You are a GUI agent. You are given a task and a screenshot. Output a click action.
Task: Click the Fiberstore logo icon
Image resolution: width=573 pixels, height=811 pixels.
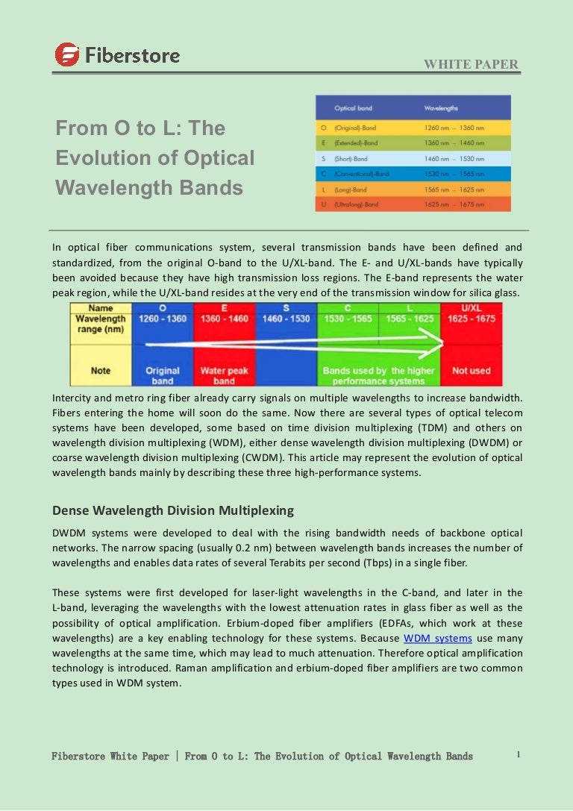click(66, 54)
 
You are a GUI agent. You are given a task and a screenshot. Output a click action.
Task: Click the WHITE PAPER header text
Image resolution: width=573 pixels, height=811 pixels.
click(471, 64)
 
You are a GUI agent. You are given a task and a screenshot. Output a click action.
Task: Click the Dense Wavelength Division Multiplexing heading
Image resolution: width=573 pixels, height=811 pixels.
click(172, 510)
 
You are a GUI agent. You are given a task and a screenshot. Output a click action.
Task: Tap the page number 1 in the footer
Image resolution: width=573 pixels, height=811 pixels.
click(518, 754)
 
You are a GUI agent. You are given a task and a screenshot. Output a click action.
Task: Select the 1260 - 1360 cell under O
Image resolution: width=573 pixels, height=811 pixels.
click(163, 319)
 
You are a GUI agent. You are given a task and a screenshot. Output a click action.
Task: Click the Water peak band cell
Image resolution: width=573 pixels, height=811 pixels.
click(224, 375)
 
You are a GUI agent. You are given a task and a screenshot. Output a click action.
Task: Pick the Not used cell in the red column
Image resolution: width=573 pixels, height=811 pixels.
click(472, 370)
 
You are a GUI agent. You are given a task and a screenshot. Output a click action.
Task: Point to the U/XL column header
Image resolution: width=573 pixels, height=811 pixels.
click(472, 307)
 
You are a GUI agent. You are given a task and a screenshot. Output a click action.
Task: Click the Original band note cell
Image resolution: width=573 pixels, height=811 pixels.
click(163, 375)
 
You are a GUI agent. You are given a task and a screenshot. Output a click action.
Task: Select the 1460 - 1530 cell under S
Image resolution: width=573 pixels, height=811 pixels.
click(286, 319)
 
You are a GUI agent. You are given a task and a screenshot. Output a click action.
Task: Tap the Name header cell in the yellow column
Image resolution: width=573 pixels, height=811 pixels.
click(101, 307)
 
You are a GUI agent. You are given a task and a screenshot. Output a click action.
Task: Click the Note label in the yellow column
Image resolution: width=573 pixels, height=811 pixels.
click(101, 370)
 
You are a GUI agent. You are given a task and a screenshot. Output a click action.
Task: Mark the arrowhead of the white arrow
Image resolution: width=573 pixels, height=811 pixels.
click(440, 343)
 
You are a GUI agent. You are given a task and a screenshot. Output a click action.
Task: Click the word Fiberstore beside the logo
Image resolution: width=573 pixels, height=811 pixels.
click(132, 55)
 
